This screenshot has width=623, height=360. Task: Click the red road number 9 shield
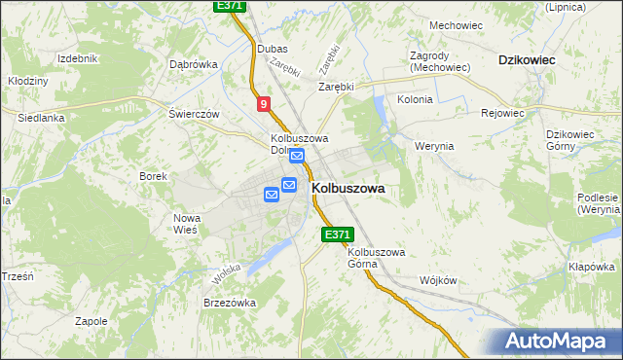point(264,104)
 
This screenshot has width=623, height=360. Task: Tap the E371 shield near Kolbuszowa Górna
point(336,234)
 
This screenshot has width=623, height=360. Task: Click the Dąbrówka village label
point(193,64)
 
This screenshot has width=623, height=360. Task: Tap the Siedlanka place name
point(41,118)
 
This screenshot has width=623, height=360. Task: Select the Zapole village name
point(91,320)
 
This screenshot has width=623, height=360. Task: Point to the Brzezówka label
point(229,303)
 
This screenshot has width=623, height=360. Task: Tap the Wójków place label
point(437,279)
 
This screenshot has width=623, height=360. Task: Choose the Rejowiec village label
point(503,113)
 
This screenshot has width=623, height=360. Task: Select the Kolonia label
point(415,99)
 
